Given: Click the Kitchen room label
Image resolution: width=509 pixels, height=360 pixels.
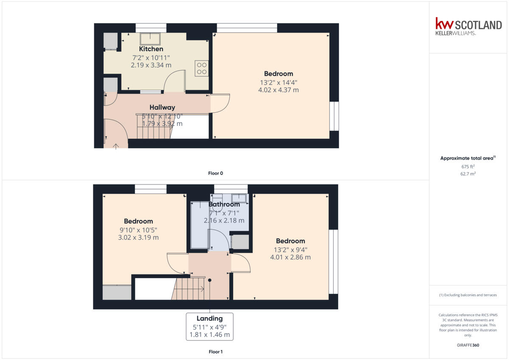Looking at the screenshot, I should [x=151, y=49].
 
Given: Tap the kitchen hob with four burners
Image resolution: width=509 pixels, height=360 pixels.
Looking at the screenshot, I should [x=201, y=68].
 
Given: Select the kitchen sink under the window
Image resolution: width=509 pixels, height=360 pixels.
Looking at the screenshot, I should [x=150, y=39].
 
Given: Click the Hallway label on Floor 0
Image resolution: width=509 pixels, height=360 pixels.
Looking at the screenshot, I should [x=162, y=108].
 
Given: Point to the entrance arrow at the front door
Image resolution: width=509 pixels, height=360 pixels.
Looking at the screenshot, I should [x=116, y=146].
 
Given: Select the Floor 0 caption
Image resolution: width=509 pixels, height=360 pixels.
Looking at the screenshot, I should [x=215, y=173].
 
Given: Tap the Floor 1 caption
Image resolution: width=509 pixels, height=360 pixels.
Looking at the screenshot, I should [x=215, y=352].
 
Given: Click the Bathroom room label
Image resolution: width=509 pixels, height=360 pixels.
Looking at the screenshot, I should [x=224, y=204].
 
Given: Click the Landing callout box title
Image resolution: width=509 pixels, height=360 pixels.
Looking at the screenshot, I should [x=210, y=318].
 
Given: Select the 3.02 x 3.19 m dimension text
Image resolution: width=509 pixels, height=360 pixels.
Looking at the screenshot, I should [x=138, y=237].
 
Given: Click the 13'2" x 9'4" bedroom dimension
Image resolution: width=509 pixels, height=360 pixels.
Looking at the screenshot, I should [x=290, y=249].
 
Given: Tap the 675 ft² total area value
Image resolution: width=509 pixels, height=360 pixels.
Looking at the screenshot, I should [x=468, y=167].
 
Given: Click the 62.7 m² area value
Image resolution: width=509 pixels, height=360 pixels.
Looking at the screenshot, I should [x=468, y=174].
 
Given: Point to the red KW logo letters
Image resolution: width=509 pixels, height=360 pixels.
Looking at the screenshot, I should [x=445, y=24].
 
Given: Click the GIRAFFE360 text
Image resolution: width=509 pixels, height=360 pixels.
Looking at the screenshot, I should [x=468, y=345].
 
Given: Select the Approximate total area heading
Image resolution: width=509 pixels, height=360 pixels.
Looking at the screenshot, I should [x=467, y=158].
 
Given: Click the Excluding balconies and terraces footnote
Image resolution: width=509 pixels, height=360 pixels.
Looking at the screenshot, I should [x=468, y=295].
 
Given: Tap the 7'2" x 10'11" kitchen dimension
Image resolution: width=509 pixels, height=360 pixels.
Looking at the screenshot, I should [x=151, y=58].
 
